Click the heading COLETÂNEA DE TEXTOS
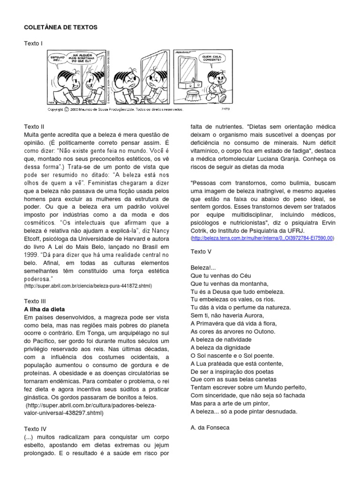coord(61,28)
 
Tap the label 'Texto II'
coord(34,127)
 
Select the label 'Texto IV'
coord(35,428)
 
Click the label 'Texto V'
coord(201,252)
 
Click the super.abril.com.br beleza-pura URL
coord(88,285)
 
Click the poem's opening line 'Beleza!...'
coord(203,267)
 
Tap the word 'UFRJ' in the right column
coord(296,230)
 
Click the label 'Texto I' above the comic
coord(33,43)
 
